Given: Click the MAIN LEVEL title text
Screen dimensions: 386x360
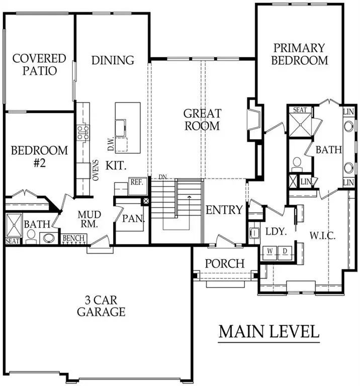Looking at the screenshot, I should click(x=269, y=332).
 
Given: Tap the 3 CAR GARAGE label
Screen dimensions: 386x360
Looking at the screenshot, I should click(x=101, y=306).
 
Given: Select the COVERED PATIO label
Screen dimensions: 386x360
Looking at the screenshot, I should click(x=39, y=64).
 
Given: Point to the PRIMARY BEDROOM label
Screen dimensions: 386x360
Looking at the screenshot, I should click(x=300, y=54).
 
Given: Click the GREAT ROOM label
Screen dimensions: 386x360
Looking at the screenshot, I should click(x=202, y=120).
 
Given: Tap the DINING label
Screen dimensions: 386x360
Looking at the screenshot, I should click(x=113, y=60).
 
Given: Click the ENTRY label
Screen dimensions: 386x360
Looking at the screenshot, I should click(x=224, y=210).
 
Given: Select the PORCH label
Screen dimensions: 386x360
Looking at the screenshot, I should click(x=225, y=263).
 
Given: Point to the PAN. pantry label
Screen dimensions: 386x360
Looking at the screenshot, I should click(x=134, y=219).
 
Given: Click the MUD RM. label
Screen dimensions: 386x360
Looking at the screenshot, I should click(x=90, y=219).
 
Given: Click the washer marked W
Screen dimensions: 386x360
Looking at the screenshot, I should click(x=269, y=250).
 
